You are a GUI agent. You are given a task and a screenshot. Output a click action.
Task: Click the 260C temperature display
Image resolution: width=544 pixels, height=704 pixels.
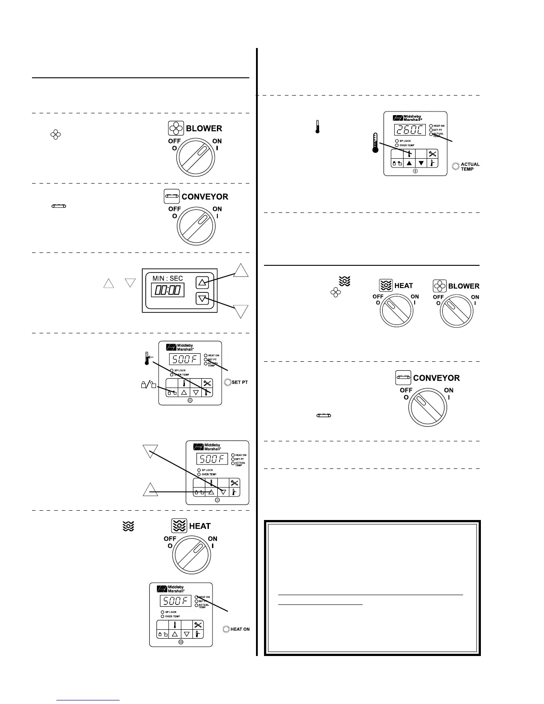(409, 130)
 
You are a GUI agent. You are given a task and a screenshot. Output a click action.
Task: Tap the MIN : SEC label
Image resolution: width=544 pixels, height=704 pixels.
(168, 278)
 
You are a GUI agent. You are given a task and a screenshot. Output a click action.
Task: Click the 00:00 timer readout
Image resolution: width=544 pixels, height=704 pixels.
(168, 290)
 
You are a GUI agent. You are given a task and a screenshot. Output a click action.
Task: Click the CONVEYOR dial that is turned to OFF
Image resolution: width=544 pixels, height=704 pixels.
(428, 407)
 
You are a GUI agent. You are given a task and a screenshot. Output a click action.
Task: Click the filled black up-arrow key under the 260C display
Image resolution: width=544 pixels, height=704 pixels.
(409, 163)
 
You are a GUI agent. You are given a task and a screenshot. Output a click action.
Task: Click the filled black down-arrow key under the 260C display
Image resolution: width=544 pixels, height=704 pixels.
(421, 163)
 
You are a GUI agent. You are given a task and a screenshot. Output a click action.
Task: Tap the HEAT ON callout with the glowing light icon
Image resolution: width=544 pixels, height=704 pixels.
(236, 629)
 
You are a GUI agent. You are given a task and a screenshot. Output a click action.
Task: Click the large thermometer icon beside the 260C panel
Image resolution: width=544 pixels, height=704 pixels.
(376, 143)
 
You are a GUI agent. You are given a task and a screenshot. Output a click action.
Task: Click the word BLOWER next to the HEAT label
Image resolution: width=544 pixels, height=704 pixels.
(464, 286)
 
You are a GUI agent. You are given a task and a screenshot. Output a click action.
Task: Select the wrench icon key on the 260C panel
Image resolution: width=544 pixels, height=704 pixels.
(432, 154)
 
